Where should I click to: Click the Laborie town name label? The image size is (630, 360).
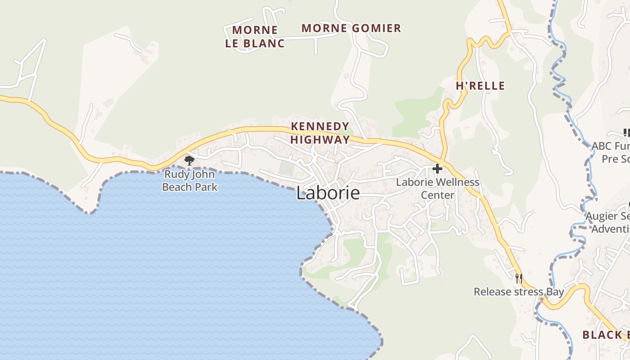tap(328, 193)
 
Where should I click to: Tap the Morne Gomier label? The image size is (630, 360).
tap(351, 28)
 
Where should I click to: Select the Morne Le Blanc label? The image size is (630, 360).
tap(255, 37)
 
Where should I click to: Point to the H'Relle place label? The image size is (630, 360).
tap(480, 86)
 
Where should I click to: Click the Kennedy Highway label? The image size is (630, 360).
tap(320, 133)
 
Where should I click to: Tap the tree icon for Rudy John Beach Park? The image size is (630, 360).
tap(189, 160)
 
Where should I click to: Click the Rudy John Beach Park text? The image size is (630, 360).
tap(190, 180)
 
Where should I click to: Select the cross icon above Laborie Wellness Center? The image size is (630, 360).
tap(437, 169)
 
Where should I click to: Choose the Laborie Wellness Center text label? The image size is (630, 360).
tap(437, 189)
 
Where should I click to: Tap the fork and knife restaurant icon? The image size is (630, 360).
tap(519, 278)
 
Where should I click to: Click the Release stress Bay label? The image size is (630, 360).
tap(518, 292)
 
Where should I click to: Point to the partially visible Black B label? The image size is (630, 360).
tap(606, 335)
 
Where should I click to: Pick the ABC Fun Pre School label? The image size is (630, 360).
tap(611, 153)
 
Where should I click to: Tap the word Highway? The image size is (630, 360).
tap(320, 139)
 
